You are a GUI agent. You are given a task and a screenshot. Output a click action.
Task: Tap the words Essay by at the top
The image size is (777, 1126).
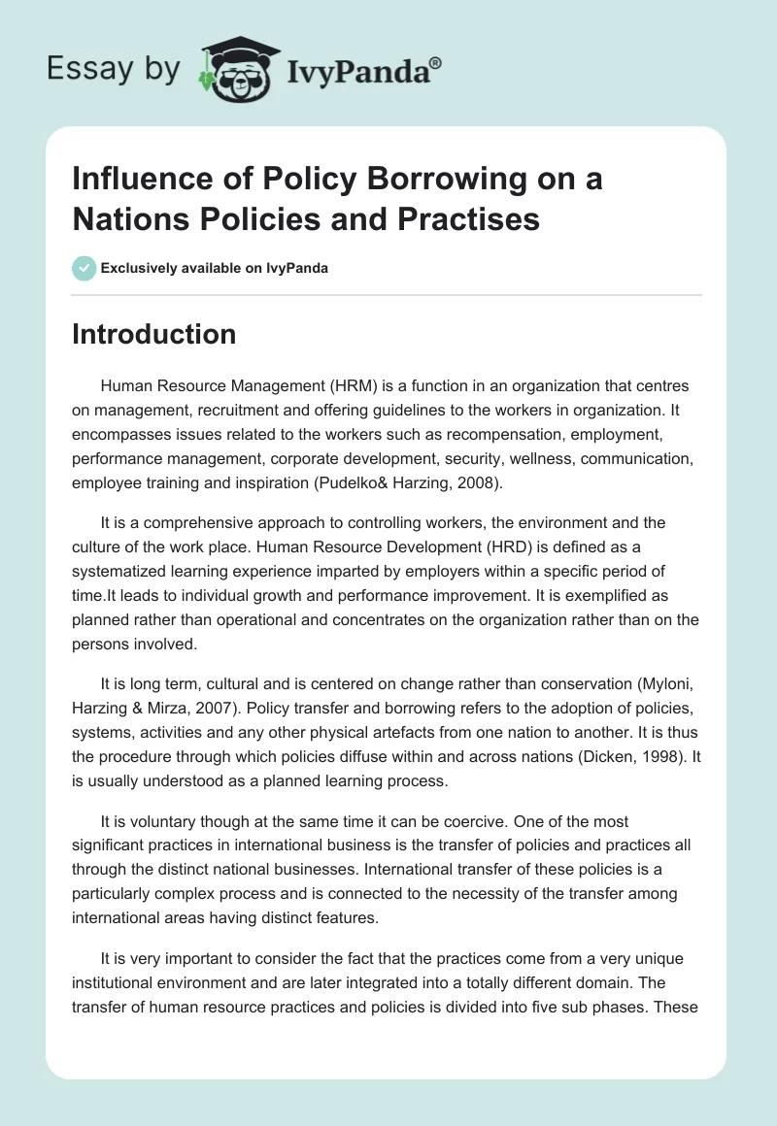115,69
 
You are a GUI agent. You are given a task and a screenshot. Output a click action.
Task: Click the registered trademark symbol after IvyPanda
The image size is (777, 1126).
436,63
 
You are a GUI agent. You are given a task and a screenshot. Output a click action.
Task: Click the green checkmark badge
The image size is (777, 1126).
84,268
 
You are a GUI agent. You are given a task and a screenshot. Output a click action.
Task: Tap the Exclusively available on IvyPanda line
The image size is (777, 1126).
214,269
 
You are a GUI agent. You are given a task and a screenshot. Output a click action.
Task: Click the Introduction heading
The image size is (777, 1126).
153,334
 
